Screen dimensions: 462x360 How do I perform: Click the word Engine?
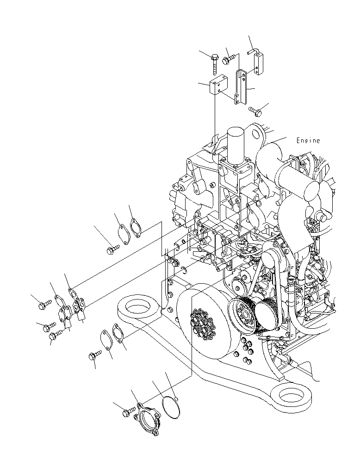tap(308, 141)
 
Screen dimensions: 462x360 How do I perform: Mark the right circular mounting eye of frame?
tap(292, 396)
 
